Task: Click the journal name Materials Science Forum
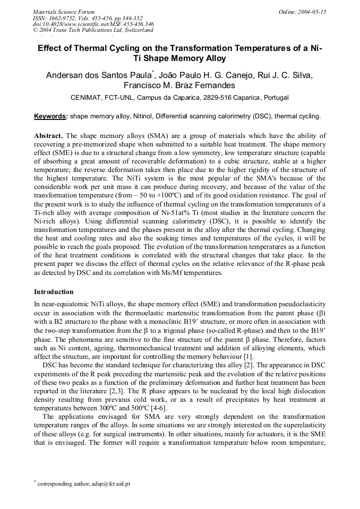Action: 64,11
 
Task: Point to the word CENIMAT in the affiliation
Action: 87,98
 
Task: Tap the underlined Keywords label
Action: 50,116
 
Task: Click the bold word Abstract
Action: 49,136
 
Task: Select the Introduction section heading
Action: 54,292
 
